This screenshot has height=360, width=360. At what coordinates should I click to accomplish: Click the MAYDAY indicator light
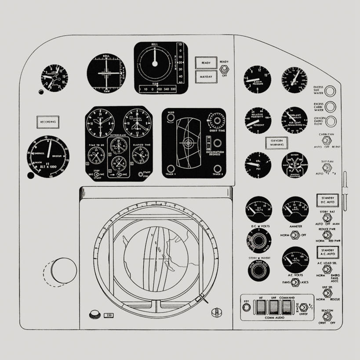206,77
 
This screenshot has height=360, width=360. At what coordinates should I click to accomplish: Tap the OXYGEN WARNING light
276,142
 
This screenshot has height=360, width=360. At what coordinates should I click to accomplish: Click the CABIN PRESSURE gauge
258,79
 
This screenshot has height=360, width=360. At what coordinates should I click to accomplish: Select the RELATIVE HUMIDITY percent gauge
258,120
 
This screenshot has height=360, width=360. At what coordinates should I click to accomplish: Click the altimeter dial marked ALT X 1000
47,154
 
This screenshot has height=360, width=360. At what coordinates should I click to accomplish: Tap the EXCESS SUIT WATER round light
330,91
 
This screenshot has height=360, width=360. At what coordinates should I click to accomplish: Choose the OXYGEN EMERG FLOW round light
330,121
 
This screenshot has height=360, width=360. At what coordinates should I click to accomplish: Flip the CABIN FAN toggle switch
326,140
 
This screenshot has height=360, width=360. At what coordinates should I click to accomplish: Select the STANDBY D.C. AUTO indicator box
327,200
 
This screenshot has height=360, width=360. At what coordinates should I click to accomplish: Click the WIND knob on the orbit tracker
171,119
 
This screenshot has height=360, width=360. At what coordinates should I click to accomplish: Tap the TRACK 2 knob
217,169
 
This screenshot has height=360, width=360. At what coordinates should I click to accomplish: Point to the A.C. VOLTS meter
295,260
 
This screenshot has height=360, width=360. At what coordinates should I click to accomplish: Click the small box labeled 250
108,316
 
